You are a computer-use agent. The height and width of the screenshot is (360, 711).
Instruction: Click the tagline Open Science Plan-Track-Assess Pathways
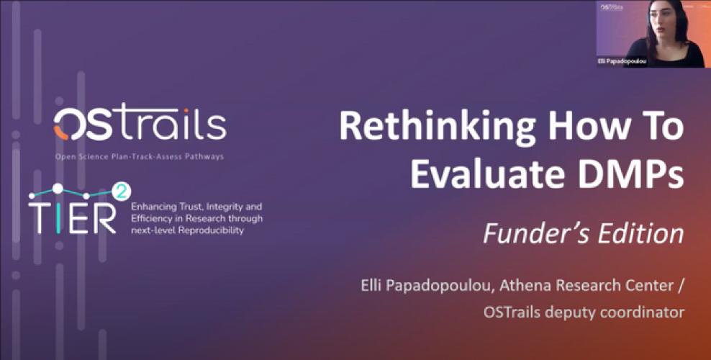140,157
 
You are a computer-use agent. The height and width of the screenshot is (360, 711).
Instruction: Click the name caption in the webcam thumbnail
622,61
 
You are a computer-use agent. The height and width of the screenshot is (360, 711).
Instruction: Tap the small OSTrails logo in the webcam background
612,7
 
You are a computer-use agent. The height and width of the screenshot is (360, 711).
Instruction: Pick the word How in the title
585,127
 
